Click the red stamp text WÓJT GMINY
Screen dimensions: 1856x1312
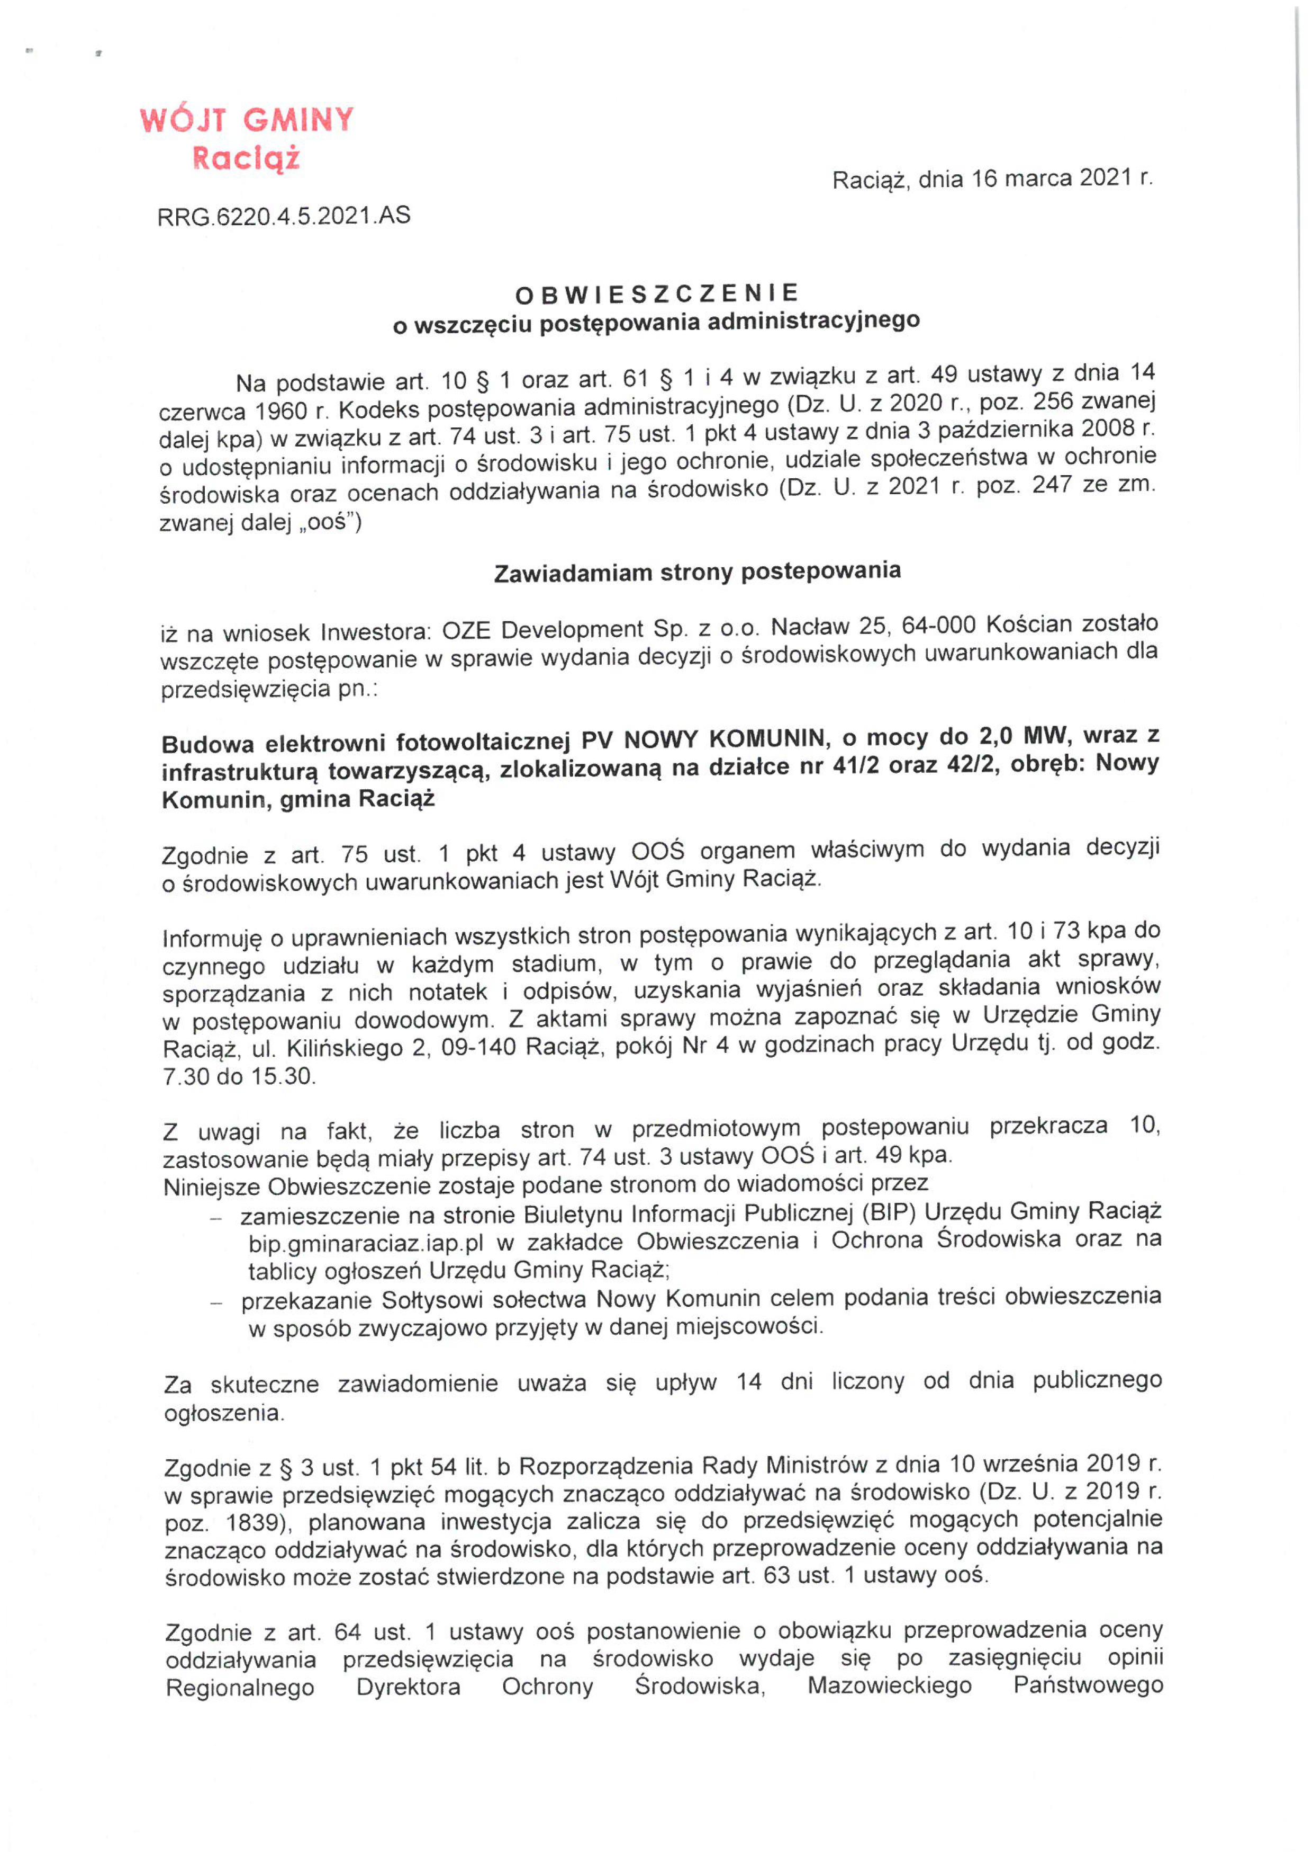pos(247,120)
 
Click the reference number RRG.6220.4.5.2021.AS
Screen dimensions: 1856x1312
pos(284,216)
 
